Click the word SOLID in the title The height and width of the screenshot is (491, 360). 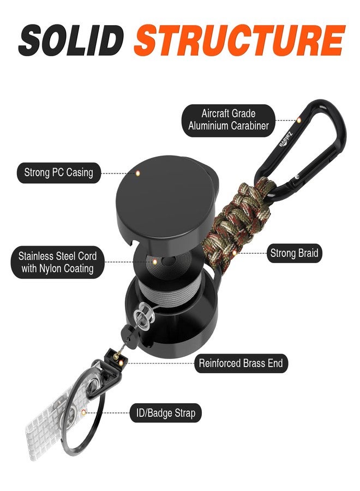point(70,40)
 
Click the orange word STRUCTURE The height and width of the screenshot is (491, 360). point(239,40)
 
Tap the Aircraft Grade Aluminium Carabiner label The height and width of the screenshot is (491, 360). point(228,120)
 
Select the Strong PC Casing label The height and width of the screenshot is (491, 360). point(58,172)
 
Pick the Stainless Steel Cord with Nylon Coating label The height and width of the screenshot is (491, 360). point(57,262)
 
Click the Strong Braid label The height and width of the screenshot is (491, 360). point(294,253)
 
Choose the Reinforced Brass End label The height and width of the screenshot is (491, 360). point(241,363)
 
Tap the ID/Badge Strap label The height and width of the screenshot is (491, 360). point(165,413)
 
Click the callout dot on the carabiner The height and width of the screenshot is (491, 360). point(299,120)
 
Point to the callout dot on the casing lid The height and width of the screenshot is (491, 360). point(137,173)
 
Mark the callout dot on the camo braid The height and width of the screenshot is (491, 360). point(235,253)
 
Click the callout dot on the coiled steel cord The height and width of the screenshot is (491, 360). point(155,262)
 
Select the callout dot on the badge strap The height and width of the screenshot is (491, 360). point(83,412)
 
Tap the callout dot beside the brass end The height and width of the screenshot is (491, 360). point(121,363)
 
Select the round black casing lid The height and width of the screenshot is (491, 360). point(166,200)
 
